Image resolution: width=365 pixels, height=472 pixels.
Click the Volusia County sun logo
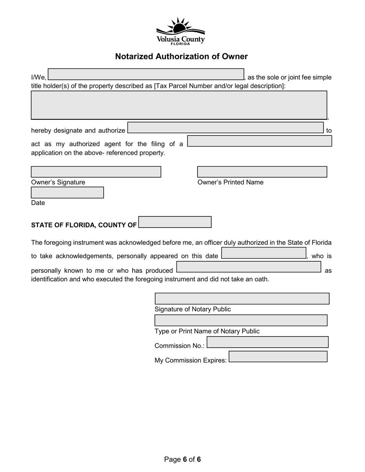click(181, 31)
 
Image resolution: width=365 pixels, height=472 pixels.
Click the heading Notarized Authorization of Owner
click(181, 56)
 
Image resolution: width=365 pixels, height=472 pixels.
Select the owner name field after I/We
click(146, 74)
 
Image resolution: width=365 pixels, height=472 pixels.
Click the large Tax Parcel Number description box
click(179, 105)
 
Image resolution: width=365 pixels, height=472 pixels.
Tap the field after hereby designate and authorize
click(226, 128)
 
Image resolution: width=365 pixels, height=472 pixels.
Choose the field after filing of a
click(260, 141)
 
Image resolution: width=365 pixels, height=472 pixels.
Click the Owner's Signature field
click(96, 172)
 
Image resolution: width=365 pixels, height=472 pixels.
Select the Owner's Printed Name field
click(262, 172)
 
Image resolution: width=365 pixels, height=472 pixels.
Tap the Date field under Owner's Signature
click(67, 193)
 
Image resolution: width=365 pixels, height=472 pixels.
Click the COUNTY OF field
click(175, 222)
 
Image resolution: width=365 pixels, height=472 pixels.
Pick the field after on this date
click(264, 253)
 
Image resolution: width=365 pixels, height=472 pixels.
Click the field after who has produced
click(249, 267)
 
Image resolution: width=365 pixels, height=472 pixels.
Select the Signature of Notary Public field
click(242, 299)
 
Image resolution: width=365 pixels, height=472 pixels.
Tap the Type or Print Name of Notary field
click(241, 320)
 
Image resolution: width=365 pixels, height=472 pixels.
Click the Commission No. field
click(268, 342)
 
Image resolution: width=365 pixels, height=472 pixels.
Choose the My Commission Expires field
click(278, 356)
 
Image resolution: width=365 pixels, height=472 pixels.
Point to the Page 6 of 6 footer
click(182, 459)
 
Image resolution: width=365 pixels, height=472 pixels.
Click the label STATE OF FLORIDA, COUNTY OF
click(84, 225)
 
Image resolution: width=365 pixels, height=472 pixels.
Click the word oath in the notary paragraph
click(261, 279)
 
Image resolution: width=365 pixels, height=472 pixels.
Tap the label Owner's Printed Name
click(231, 182)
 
